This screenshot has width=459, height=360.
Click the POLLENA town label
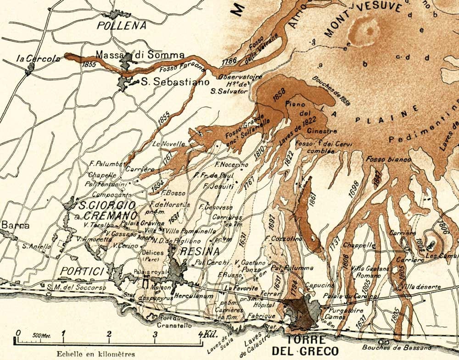(122, 25)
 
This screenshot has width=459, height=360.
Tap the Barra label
(15, 225)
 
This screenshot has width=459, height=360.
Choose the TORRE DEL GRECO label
(306, 346)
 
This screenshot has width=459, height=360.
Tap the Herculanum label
(198, 296)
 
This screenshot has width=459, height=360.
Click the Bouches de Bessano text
(397, 348)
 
